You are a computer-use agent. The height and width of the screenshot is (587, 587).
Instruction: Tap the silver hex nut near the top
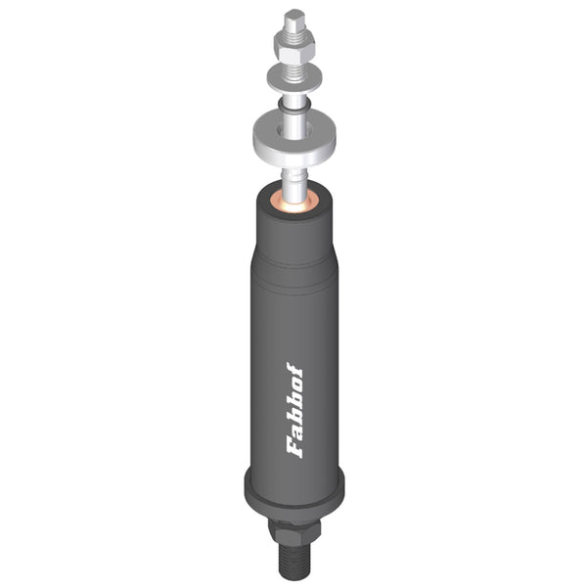point(294,48)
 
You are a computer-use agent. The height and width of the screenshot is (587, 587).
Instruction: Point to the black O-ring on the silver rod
point(294,106)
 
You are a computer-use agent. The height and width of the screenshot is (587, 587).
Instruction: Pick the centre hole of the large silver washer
point(294,130)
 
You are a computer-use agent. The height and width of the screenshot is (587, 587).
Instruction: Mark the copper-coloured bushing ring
point(294,203)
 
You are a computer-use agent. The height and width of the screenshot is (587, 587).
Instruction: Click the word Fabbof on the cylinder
point(295,410)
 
